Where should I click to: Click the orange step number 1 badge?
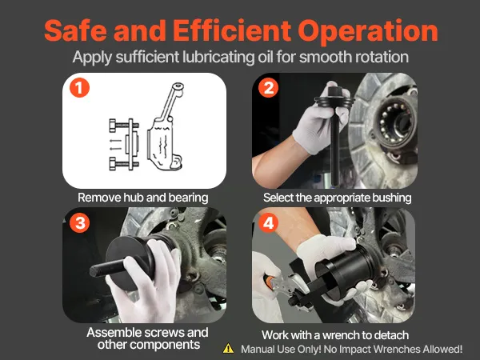pyautogui.click(x=79, y=88)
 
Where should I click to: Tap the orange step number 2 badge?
pyautogui.click(x=269, y=88)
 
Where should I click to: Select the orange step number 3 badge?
pyautogui.click(x=79, y=223)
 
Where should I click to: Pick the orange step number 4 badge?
pyautogui.click(x=269, y=223)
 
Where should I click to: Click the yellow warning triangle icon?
pyautogui.click(x=228, y=349)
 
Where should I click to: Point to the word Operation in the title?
pyautogui.click(x=368, y=32)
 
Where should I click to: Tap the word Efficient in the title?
pyautogui.click(x=232, y=30)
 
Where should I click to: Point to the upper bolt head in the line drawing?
pyautogui.click(x=113, y=126)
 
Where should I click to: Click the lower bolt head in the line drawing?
pyautogui.click(x=113, y=164)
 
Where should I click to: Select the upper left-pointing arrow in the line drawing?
pyautogui.click(x=116, y=141)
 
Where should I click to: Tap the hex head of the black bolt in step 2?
pyautogui.click(x=335, y=91)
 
